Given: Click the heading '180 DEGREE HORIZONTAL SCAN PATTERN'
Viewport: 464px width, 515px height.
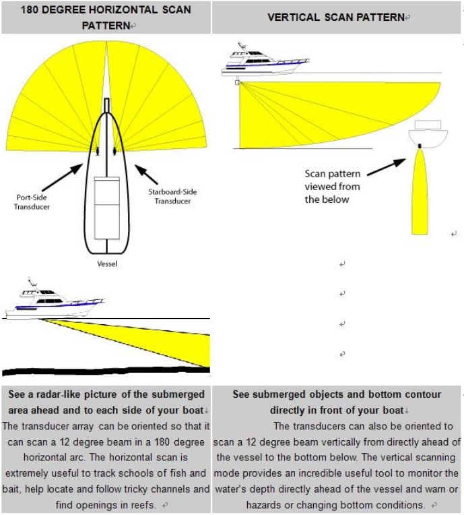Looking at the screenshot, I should [106, 18].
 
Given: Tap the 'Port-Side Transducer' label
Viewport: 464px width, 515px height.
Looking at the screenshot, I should [32, 202].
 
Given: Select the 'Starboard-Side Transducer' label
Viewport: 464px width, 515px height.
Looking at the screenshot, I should [172, 196].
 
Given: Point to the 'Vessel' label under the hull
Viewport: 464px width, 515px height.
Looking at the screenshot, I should [107, 264].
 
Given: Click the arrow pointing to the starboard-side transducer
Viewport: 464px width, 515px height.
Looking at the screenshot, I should [146, 174].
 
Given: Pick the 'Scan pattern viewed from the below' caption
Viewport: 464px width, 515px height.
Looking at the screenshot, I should [332, 187].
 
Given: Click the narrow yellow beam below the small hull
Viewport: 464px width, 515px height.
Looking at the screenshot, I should [420, 192].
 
